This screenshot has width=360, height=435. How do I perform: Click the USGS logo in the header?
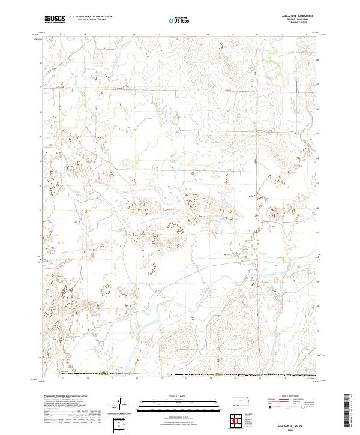click(55, 19)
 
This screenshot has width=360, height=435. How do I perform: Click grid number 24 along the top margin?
click(85, 35)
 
